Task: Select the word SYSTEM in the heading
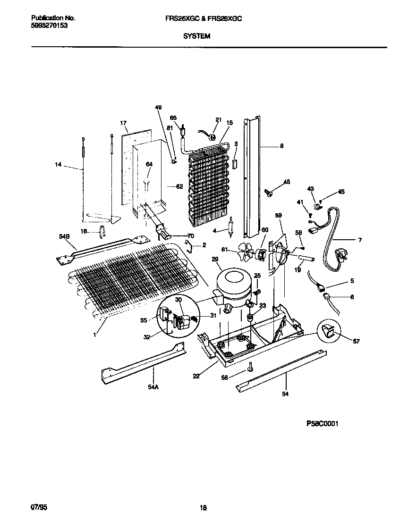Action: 197,36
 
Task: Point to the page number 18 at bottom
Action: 204,508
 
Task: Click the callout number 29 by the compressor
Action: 215,260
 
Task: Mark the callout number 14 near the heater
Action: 58,164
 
